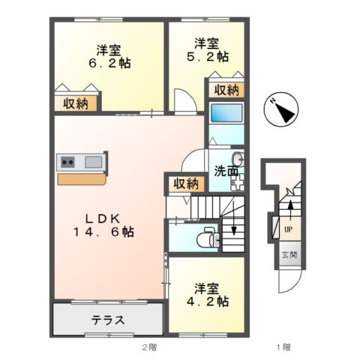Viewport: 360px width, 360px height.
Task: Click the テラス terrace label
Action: pyautogui.click(x=107, y=320)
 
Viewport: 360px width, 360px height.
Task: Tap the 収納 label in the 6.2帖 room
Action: pyautogui.click(x=75, y=103)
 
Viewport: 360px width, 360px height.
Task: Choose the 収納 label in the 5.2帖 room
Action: pyautogui.click(x=226, y=90)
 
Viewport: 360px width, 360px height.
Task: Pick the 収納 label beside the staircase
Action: pyautogui.click(x=186, y=183)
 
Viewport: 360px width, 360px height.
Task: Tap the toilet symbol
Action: pyautogui.click(x=205, y=238)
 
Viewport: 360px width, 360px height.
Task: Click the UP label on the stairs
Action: pyautogui.click(x=288, y=228)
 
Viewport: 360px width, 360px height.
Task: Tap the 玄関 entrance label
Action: pyautogui.click(x=289, y=256)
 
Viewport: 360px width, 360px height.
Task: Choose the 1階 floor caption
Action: pyautogui.click(x=282, y=347)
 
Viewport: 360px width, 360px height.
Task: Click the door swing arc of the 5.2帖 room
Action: pyautogui.click(x=183, y=103)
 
